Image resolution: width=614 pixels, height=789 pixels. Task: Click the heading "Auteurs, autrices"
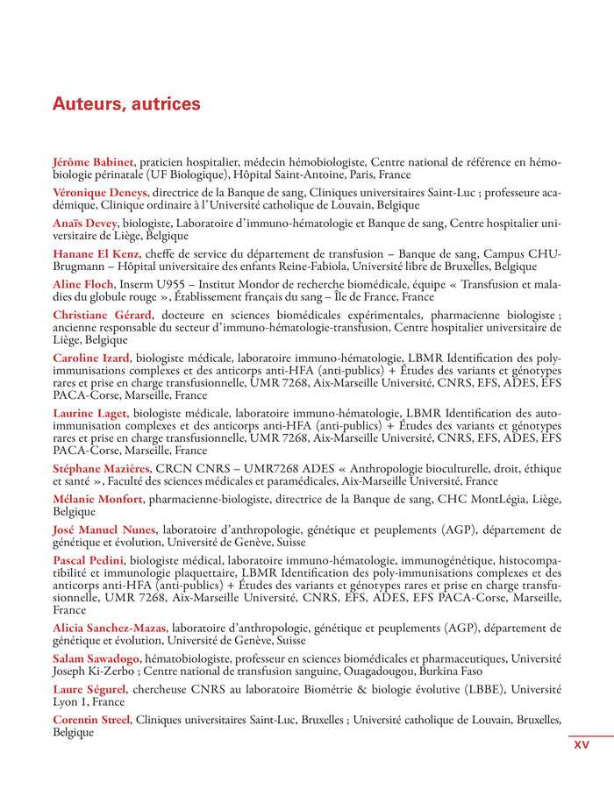pos(126,104)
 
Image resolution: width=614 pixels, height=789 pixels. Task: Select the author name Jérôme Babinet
pos(93,162)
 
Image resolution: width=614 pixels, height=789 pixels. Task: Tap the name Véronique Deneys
pos(100,192)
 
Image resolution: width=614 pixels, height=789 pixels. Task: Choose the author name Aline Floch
pos(83,284)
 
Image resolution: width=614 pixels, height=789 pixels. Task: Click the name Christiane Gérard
pos(102,315)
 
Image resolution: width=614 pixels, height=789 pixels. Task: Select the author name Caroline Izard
pos(91,358)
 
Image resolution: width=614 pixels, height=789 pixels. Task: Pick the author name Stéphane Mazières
pos(101,468)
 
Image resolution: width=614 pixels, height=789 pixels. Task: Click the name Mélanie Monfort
pos(97,499)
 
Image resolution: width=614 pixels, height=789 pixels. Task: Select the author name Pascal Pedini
pos(89,560)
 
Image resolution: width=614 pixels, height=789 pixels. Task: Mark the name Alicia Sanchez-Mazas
pos(111,628)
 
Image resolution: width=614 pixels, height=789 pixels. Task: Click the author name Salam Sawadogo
pos(96,658)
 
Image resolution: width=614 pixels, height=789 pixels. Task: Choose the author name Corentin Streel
pos(90,720)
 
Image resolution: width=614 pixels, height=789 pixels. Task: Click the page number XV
pos(582,745)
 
